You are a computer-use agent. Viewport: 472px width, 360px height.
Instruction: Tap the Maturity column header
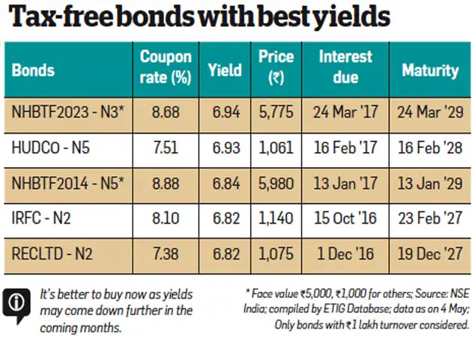click(x=430, y=70)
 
